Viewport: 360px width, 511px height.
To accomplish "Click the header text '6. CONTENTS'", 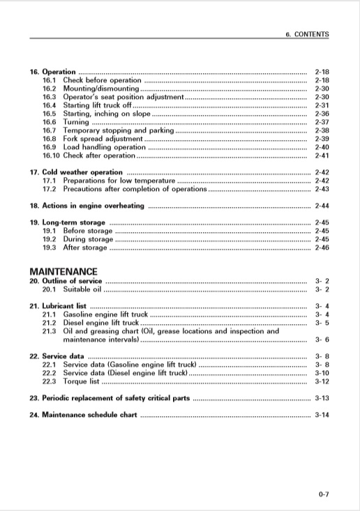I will (x=307, y=33).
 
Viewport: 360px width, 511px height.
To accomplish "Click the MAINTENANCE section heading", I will (x=63, y=271).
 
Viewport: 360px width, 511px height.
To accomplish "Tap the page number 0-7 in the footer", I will (x=323, y=494).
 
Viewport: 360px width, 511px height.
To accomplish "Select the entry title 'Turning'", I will (x=76, y=122).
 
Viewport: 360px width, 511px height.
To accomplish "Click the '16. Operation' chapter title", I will (x=52, y=72).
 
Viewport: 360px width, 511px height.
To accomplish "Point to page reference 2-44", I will (x=322, y=206).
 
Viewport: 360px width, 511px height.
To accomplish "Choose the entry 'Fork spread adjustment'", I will (x=103, y=139).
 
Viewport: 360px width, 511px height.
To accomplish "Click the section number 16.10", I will (x=51, y=155).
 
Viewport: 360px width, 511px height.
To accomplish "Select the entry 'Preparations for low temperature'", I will (x=118, y=181).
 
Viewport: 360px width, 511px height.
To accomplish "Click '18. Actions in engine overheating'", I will (x=87, y=206).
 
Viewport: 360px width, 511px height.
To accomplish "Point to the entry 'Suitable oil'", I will (x=82, y=289).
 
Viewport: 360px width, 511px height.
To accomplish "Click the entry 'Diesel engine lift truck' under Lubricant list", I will (x=101, y=323).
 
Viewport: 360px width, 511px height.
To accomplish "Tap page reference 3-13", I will (x=322, y=398).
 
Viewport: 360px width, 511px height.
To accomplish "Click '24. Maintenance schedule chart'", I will (x=83, y=415).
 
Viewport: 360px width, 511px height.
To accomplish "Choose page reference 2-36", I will (x=322, y=114).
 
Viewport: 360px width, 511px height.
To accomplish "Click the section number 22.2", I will (x=50, y=373).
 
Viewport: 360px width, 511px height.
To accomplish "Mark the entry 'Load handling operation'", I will (x=105, y=147).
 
